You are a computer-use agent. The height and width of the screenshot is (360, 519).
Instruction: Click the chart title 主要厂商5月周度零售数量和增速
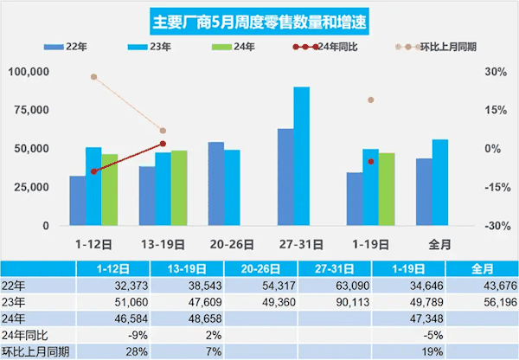pos(259,20)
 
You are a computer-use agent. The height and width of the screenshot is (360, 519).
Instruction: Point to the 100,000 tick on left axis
pos(35,72)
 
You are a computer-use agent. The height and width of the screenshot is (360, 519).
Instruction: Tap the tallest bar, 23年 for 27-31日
pos(301,156)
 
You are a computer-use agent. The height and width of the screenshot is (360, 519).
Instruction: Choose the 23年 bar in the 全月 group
pos(440,182)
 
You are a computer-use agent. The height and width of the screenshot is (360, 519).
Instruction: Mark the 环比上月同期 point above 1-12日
pos(93,77)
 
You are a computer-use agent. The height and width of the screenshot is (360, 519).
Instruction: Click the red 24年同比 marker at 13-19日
pos(163,144)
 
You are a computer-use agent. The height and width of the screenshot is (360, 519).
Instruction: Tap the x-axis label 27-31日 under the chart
pos(293,244)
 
